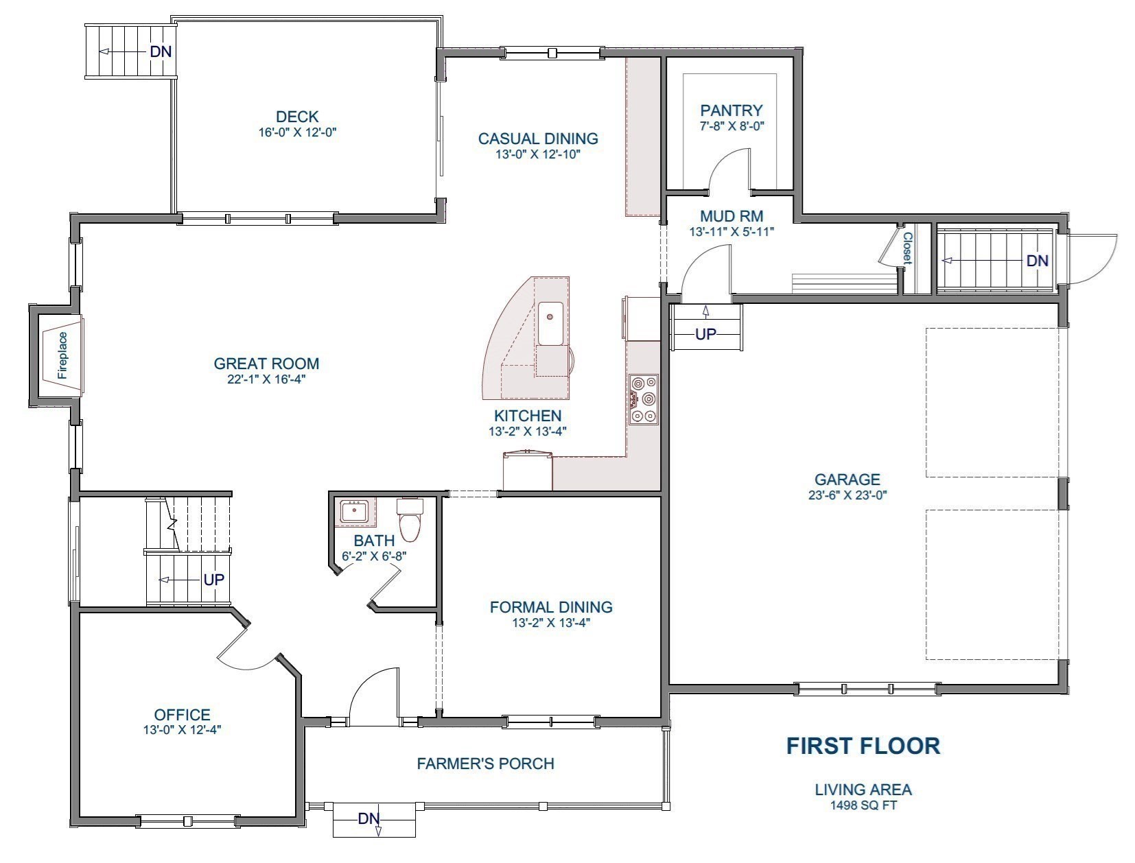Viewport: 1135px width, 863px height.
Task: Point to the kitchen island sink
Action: [550, 322]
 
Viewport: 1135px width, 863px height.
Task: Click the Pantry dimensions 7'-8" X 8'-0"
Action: [732, 126]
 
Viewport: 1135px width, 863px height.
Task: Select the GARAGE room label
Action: [847, 480]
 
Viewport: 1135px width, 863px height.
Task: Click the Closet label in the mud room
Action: [907, 249]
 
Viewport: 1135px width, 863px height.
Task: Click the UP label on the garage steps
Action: [705, 335]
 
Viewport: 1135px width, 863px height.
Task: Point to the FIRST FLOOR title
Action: [863, 745]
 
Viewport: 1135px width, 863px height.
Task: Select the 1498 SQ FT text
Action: [863, 805]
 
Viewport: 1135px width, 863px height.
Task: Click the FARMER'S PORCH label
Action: [485, 763]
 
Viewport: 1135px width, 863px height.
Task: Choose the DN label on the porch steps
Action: [368, 818]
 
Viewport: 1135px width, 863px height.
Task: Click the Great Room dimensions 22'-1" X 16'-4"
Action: [266, 379]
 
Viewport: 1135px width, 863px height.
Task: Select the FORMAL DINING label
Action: [551, 607]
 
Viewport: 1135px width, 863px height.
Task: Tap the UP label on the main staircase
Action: [214, 580]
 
